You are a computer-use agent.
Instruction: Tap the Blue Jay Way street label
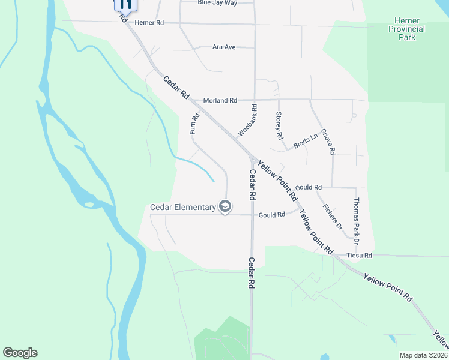(x=217, y=3)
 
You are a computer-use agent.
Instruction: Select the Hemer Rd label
(x=149, y=23)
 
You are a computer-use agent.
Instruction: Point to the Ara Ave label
(x=224, y=47)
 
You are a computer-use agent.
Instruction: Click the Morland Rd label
(x=220, y=100)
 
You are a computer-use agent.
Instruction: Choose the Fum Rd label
(x=194, y=124)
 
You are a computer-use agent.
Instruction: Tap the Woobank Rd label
(x=247, y=120)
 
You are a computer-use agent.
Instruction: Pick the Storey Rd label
(x=279, y=125)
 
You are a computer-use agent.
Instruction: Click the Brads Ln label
(x=305, y=142)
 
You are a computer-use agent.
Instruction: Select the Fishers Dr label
(x=332, y=218)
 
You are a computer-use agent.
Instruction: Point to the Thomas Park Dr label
(x=357, y=221)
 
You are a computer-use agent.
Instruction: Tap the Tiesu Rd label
(x=360, y=256)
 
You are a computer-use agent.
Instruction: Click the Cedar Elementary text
(x=182, y=208)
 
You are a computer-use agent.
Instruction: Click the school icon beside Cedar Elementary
(x=225, y=208)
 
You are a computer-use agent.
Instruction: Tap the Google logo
(x=20, y=353)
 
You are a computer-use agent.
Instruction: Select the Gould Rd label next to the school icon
(x=271, y=215)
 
